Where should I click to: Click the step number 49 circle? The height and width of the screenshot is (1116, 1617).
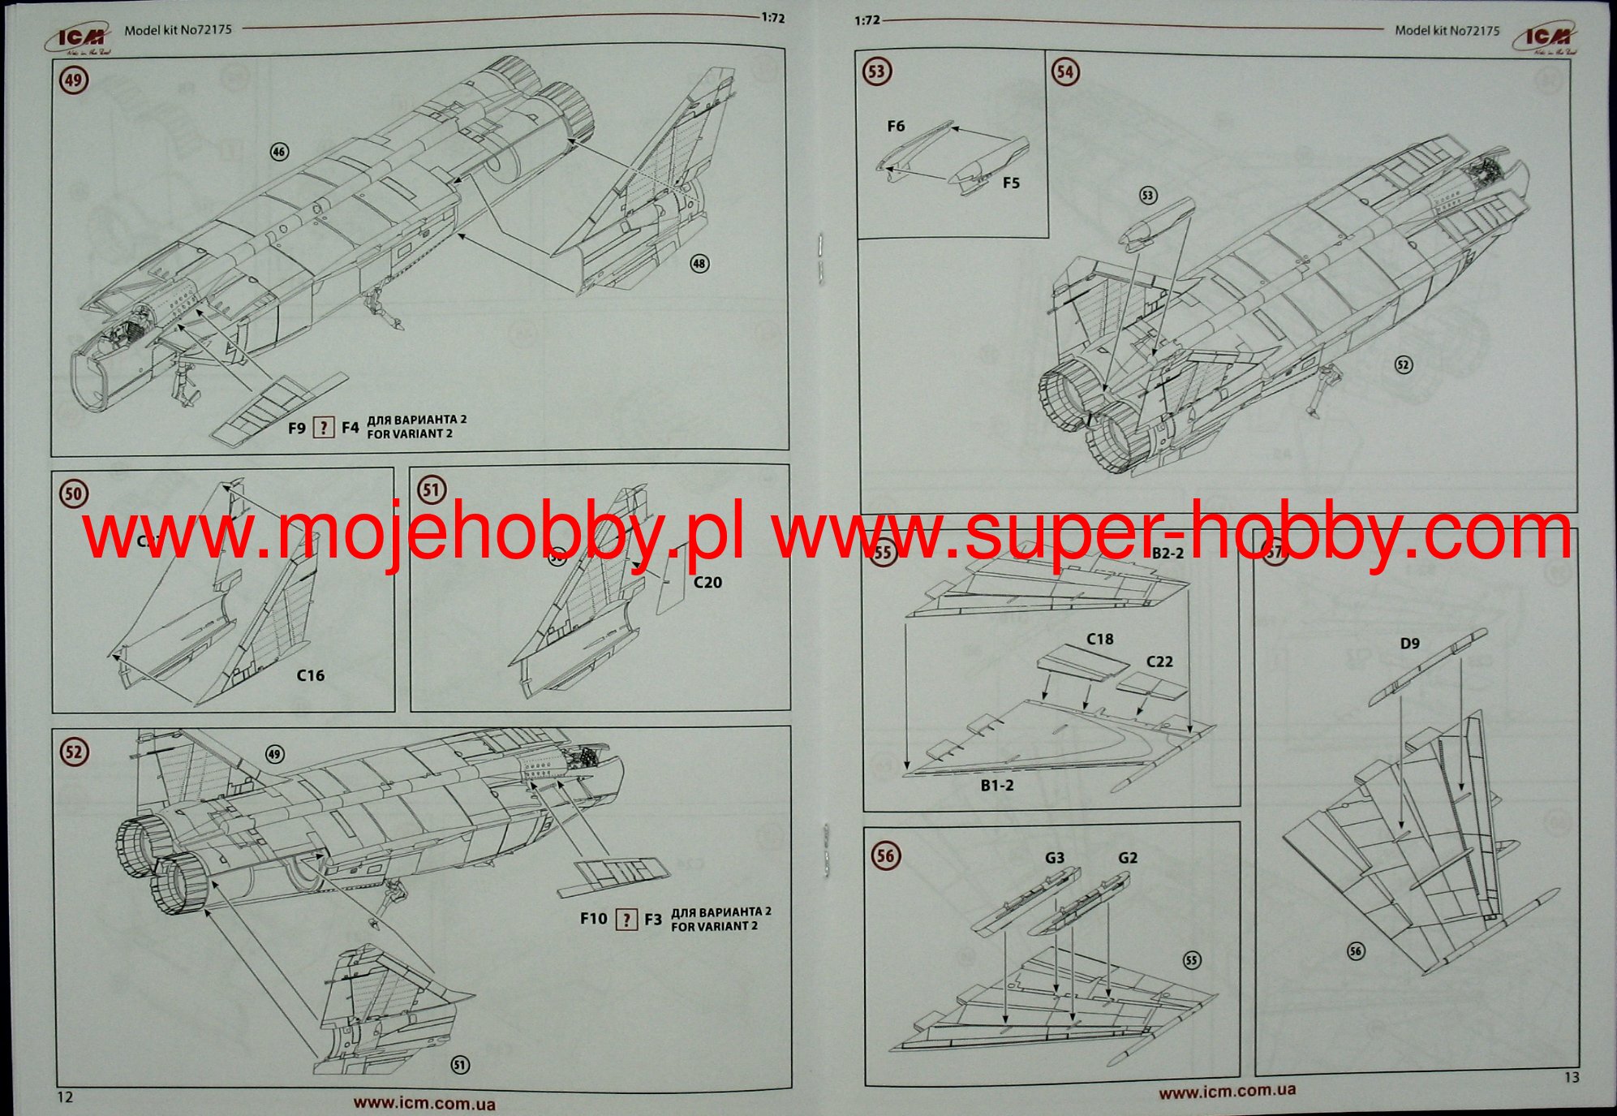(74, 80)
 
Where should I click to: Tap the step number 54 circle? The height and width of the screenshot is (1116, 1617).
(1064, 72)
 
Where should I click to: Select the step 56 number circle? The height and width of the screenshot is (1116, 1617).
(885, 855)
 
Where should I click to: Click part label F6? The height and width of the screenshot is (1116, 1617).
(896, 127)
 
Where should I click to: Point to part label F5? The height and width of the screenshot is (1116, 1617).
(1011, 183)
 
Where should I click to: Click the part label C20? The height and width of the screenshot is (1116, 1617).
(707, 583)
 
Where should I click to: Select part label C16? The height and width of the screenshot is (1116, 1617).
(310, 675)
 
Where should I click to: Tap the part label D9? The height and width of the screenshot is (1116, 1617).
(1410, 644)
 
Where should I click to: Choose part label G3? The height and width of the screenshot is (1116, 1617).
(1055, 858)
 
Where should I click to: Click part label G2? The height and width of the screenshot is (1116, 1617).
(1128, 858)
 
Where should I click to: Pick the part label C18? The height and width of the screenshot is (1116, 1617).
(1100, 640)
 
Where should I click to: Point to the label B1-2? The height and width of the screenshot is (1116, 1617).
(996, 786)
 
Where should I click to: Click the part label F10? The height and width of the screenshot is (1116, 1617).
(593, 919)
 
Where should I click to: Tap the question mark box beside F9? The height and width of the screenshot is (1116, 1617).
(324, 428)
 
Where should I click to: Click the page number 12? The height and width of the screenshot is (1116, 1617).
(65, 1097)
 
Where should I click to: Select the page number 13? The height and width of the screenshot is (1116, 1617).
(1572, 1078)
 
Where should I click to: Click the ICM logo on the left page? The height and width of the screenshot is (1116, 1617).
(81, 38)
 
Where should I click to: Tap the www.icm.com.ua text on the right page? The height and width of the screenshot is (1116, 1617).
(1227, 1092)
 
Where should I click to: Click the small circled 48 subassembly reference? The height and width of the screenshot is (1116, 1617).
(699, 264)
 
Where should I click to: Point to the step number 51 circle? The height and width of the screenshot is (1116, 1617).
(431, 490)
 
